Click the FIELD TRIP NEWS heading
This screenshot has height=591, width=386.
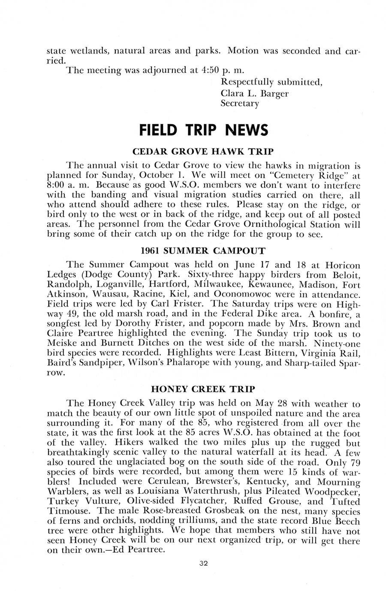tap(203, 129)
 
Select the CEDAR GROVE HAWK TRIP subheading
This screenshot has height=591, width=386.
tap(203, 152)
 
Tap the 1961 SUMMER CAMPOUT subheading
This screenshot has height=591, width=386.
tap(203, 251)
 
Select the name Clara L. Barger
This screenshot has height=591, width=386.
tap(254, 93)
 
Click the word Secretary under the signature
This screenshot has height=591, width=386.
tap(240, 103)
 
